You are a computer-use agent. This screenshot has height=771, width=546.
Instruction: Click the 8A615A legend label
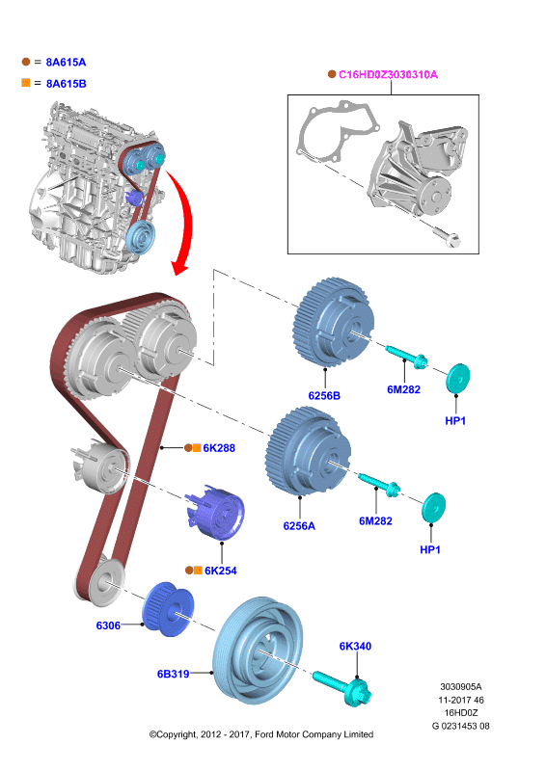(x=66, y=62)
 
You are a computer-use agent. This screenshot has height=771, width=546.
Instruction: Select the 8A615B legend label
(x=66, y=84)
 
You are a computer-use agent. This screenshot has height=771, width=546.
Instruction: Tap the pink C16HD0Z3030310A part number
(x=388, y=75)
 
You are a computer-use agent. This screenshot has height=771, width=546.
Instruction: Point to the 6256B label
(x=324, y=396)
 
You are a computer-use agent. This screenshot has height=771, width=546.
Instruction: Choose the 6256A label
(x=299, y=526)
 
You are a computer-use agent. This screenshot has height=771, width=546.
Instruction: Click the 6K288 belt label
(x=219, y=448)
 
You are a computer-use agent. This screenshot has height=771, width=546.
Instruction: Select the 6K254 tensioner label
(x=221, y=571)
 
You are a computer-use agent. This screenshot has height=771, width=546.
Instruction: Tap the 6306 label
(x=108, y=625)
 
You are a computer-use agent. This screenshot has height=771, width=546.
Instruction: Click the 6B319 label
(x=174, y=674)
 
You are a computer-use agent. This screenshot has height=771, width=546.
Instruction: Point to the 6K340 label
(x=355, y=646)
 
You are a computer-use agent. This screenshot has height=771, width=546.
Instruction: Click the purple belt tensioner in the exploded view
(x=216, y=513)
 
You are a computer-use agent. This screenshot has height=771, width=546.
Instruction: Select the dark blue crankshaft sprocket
(x=168, y=609)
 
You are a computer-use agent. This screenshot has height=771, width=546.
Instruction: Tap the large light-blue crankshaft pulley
(x=258, y=651)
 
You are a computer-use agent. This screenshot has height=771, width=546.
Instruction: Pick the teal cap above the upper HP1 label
(x=458, y=379)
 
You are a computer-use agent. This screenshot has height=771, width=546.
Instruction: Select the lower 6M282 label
(x=375, y=520)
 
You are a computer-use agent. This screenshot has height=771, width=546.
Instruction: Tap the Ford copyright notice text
(x=261, y=734)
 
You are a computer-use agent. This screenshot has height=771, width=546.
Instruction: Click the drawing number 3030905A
(x=461, y=686)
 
